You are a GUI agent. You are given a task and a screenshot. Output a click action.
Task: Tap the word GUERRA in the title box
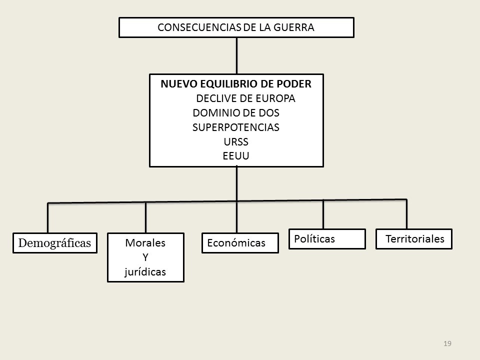[x=294, y=27]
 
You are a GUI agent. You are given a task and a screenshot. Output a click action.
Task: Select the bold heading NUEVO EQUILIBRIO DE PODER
[x=236, y=84]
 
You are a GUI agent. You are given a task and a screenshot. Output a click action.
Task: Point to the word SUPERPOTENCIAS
[x=236, y=127]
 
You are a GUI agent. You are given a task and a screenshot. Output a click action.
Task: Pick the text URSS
[x=236, y=142]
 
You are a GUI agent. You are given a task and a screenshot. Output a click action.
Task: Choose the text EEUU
[x=236, y=156]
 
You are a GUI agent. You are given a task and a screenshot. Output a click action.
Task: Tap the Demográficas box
[x=55, y=243]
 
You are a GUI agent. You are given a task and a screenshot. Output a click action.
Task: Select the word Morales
[x=145, y=243]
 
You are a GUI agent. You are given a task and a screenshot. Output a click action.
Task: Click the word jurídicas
[x=145, y=272]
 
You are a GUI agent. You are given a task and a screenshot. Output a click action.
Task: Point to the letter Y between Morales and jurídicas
[x=145, y=257]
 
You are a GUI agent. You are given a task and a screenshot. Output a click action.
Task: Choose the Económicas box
[x=240, y=243]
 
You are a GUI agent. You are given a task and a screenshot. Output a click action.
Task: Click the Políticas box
[x=327, y=239]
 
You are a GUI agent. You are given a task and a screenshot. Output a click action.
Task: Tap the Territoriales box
[x=414, y=239]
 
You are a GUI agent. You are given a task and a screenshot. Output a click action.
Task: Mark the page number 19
[x=447, y=343]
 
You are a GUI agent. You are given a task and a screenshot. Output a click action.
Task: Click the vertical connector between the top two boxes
[x=236, y=55]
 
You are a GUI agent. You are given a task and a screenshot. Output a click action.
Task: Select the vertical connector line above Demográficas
[x=48, y=218]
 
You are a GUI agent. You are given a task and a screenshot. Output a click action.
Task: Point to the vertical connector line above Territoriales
[x=406, y=214]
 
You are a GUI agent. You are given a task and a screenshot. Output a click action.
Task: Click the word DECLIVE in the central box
[x=216, y=98]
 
